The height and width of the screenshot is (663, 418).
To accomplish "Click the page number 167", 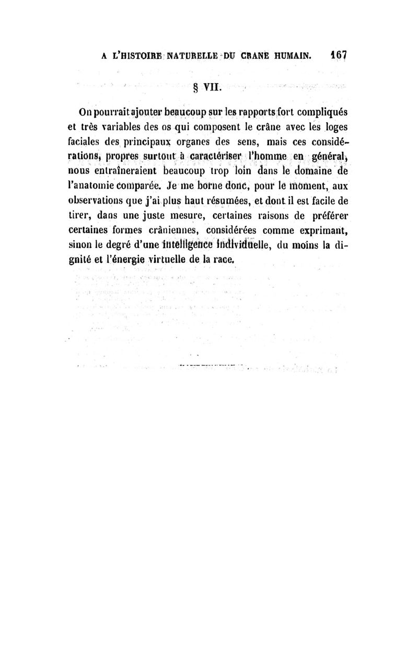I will coord(339,54).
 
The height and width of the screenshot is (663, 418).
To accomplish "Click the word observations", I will coord(102,200).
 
